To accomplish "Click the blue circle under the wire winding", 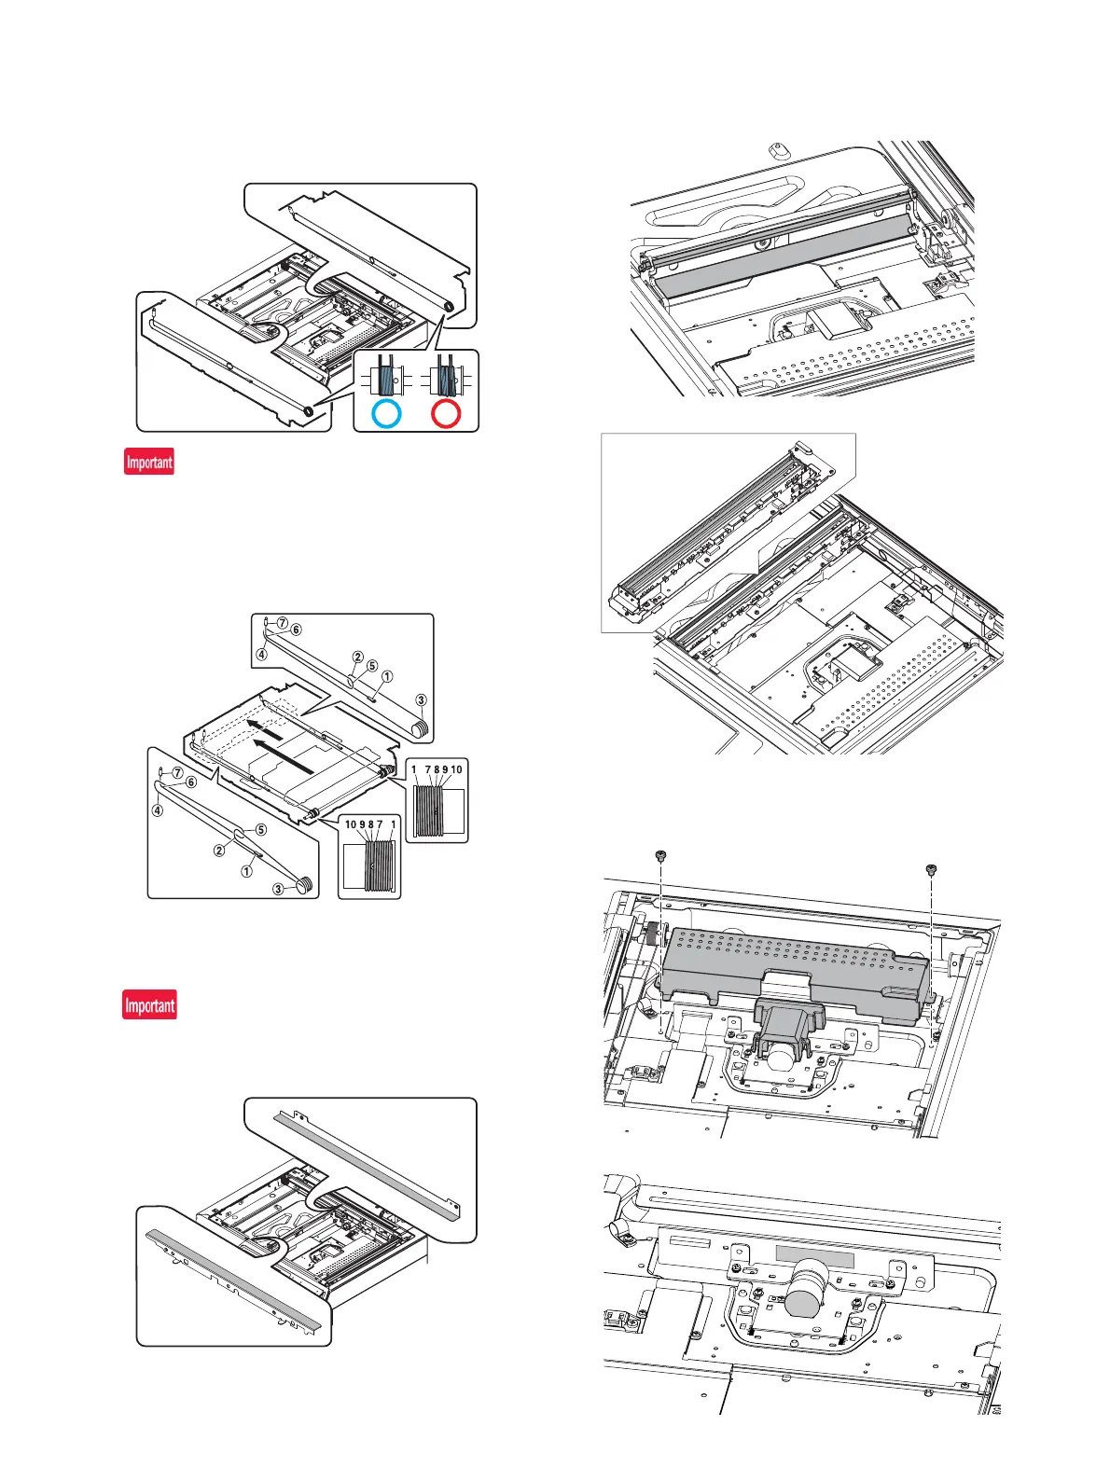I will [385, 414].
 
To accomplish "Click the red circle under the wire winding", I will [445, 414].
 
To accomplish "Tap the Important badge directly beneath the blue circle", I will [149, 462].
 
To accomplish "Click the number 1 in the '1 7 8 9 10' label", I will [413, 770].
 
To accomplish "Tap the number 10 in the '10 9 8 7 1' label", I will [351, 824].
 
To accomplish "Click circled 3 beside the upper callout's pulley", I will [422, 700].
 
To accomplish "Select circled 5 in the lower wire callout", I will [261, 829].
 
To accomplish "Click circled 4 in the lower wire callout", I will [158, 810].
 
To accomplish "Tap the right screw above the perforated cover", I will [931, 869].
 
